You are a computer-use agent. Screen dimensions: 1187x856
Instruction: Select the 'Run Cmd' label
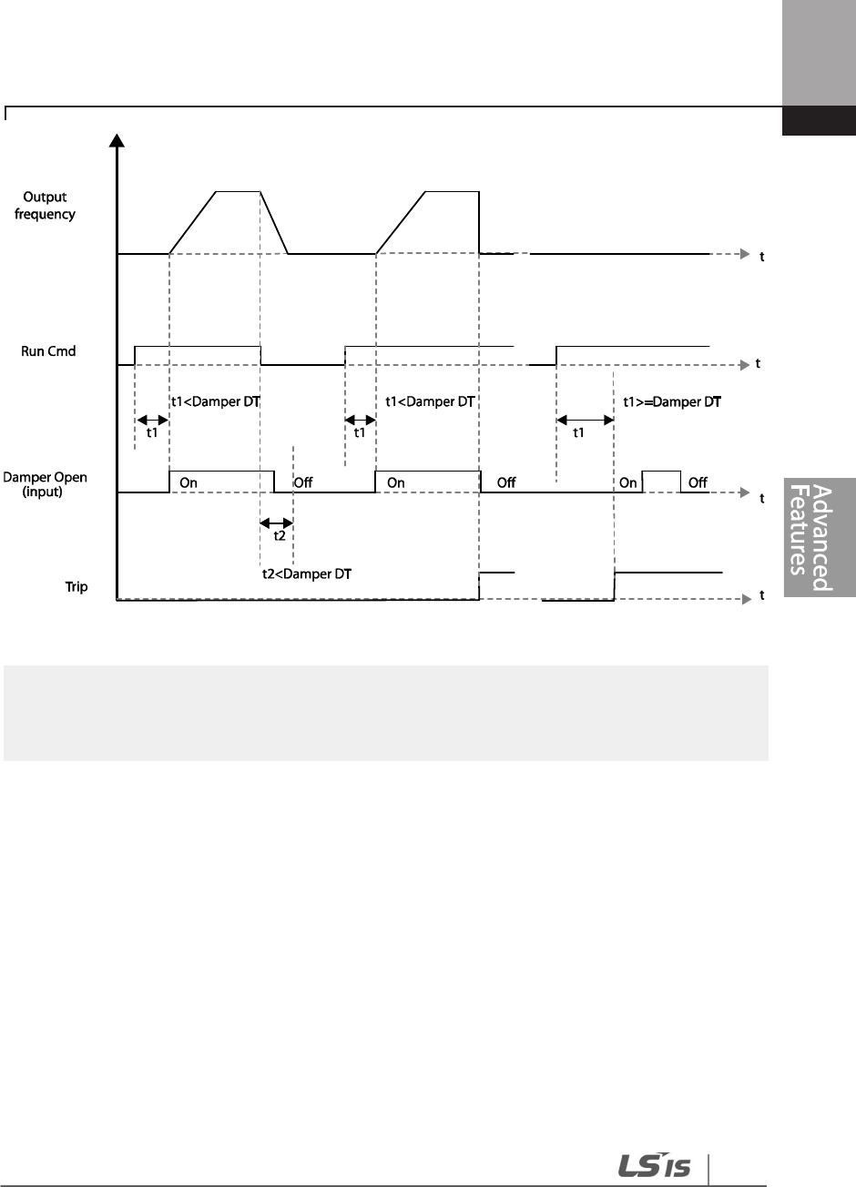tap(46, 351)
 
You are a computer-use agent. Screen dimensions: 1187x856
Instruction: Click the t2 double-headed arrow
tap(277, 522)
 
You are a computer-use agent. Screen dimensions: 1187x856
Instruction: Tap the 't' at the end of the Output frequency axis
tap(762, 257)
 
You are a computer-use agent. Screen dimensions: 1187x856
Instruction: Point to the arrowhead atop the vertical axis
tap(117, 139)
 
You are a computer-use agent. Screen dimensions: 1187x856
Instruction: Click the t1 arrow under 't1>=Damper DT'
tap(584, 420)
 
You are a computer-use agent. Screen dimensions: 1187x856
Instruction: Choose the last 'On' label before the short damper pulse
tap(628, 482)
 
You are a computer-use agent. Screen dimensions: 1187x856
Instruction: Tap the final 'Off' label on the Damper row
tap(698, 482)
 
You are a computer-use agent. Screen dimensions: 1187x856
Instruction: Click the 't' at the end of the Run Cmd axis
tap(758, 364)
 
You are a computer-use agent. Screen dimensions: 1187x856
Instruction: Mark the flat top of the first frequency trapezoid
tap(238, 191)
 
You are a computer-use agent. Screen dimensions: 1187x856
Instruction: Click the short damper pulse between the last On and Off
tap(662, 472)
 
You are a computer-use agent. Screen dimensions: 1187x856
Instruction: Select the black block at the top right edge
tap(819, 121)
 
